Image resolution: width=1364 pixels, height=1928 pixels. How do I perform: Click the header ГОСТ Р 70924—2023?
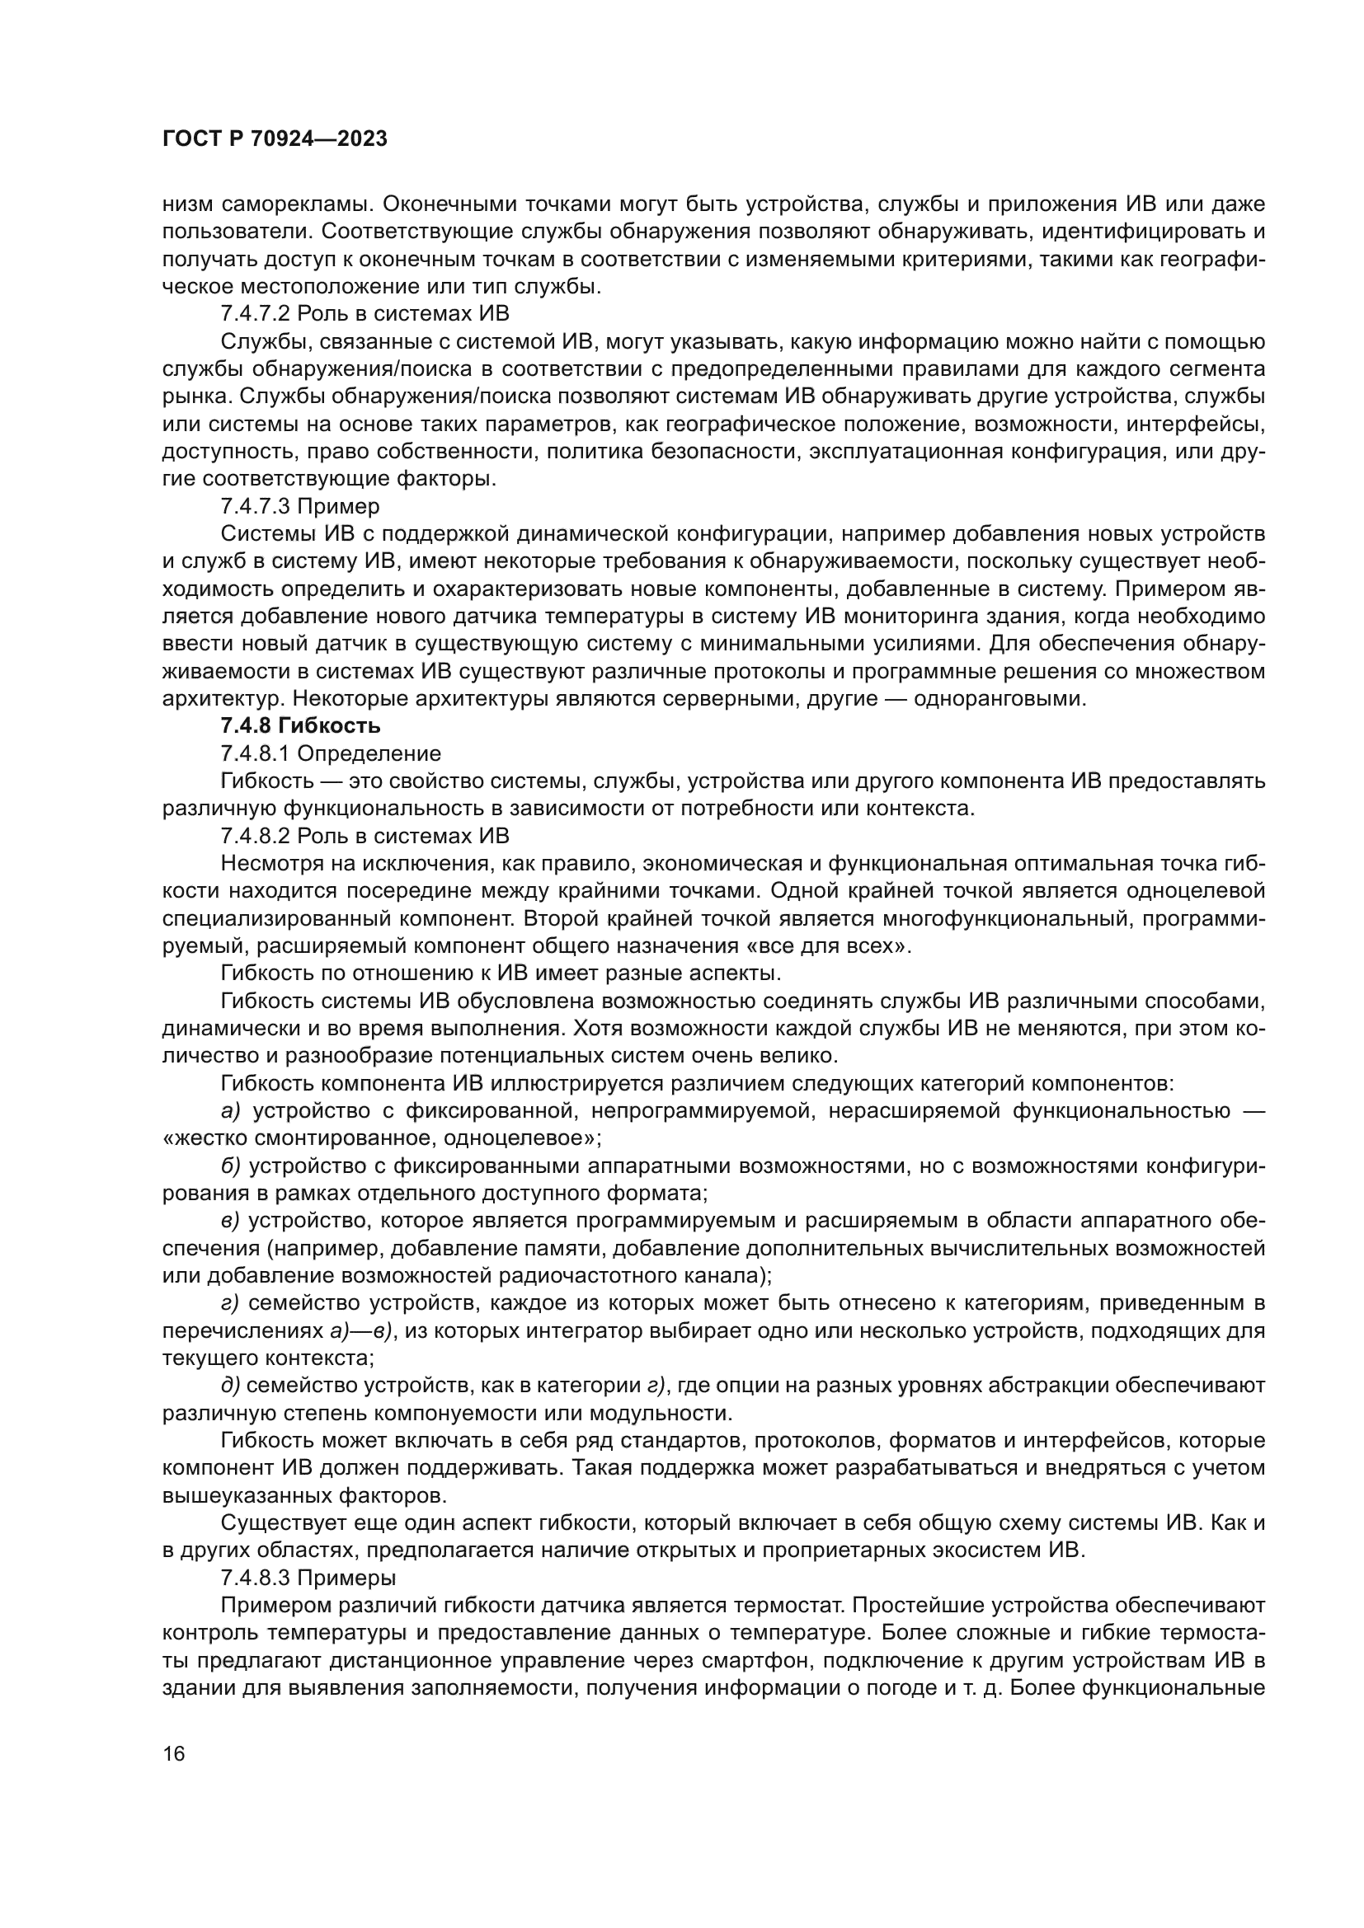275,139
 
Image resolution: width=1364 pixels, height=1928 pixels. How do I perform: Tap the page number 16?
174,1753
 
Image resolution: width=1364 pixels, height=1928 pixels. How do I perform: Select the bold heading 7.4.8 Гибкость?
300,725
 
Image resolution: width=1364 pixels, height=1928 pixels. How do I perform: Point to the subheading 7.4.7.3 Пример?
300,506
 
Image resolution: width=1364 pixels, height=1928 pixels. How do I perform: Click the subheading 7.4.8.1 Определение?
330,753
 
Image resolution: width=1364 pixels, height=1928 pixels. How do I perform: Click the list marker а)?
231,1111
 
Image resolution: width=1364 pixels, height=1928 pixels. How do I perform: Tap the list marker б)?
231,1166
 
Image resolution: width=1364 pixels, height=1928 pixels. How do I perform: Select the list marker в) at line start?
230,1220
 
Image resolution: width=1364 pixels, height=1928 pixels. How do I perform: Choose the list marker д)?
230,1385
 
